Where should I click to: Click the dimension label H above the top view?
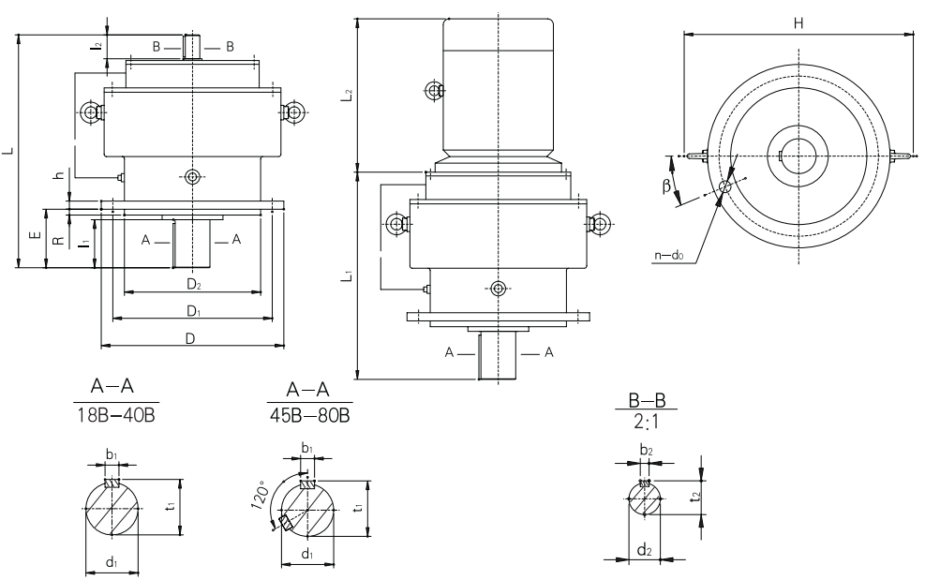click(x=798, y=22)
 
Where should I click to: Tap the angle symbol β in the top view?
click(x=666, y=186)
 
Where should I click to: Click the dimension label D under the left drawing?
click(x=190, y=338)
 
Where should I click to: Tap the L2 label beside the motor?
click(x=347, y=95)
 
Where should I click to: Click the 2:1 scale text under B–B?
click(x=646, y=424)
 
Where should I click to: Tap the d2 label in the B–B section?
click(x=644, y=551)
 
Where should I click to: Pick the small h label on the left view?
click(x=59, y=175)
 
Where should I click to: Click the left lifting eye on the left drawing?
click(x=91, y=113)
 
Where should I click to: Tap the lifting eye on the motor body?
click(x=433, y=90)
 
